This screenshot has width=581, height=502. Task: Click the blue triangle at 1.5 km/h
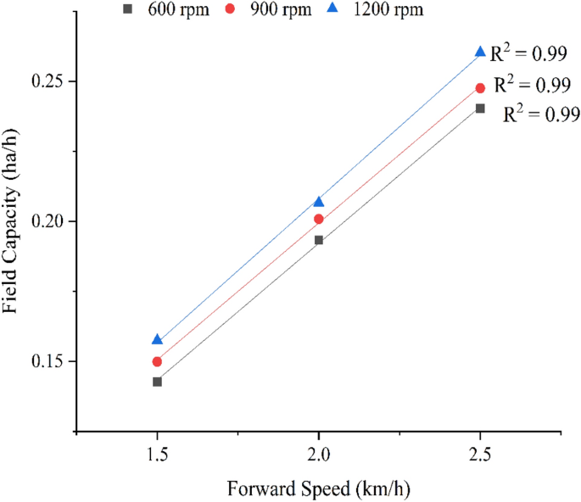(157, 339)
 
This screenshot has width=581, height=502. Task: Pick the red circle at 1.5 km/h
(157, 361)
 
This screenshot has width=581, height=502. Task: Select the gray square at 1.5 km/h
(157, 382)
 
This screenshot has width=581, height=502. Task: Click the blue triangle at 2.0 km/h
(319, 202)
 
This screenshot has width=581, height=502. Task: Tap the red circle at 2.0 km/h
(319, 219)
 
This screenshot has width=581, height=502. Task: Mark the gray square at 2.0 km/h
(319, 240)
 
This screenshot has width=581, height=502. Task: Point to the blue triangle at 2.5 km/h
(480, 52)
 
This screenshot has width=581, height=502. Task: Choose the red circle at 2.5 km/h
(480, 88)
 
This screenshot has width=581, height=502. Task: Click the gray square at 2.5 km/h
(480, 109)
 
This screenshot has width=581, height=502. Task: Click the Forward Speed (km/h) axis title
(319, 489)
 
